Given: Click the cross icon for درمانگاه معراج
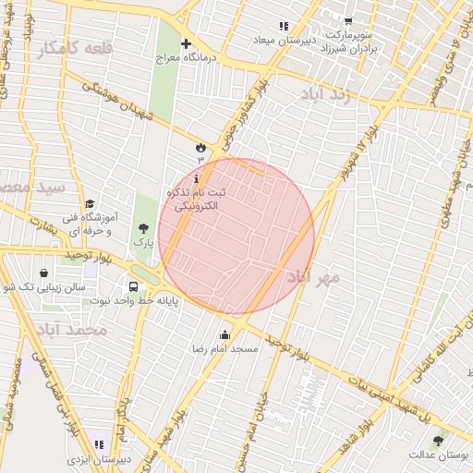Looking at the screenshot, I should pos(186,43).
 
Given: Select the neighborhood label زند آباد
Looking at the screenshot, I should pos(329,95).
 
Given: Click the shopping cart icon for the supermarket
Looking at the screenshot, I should pos(347,21).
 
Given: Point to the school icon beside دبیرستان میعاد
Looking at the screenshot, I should pos(283,26).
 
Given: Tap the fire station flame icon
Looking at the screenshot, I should pos(200,146).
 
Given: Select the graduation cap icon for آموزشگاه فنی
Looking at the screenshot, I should pos(90,204).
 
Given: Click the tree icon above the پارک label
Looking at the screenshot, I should pos(142,227).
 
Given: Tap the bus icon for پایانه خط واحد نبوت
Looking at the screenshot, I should pos(134,286).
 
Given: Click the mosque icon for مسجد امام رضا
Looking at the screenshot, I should pos(225,334).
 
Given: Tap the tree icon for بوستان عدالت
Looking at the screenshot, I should pos(438,440).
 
